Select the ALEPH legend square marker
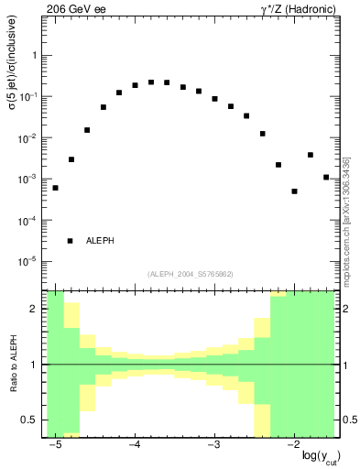pyautogui.click(x=71, y=241)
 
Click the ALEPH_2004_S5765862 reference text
pyautogui.click(x=191, y=274)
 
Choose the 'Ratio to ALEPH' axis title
pyautogui.click(x=12, y=364)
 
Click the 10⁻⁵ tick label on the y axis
pyautogui.click(x=32, y=262)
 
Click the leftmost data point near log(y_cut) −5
pyautogui.click(x=55, y=188)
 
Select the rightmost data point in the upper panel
pyautogui.click(x=326, y=177)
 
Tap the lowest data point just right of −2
pyautogui.click(x=294, y=191)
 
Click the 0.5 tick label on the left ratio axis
pyautogui.click(x=31, y=420)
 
